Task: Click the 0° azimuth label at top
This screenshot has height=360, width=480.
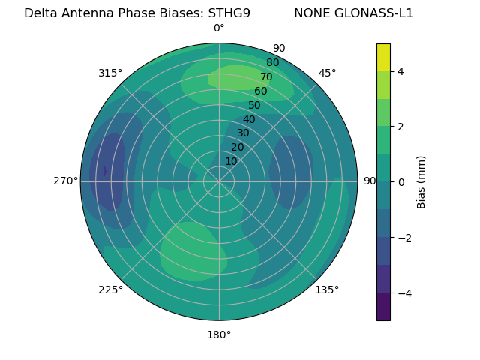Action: tap(219, 28)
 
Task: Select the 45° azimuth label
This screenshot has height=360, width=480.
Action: tap(327, 73)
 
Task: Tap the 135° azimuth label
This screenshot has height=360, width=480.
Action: tap(327, 289)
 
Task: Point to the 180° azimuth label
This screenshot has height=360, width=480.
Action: tap(219, 334)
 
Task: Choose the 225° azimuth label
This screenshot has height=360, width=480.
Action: tap(110, 289)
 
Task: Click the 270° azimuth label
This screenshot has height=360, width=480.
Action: tap(65, 181)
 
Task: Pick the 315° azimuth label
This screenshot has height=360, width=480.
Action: tap(110, 73)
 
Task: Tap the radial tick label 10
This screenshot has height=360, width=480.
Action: tap(231, 162)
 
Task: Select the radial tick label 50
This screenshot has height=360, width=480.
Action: tap(255, 105)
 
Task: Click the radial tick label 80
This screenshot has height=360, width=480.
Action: tap(273, 63)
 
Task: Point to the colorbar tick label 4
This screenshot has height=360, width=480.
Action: tap(401, 71)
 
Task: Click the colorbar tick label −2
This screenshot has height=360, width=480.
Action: tap(403, 238)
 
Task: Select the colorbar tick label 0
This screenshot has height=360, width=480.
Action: tap(401, 182)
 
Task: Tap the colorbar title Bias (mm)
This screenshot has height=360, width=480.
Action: tap(421, 181)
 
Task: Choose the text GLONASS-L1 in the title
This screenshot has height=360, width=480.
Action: tap(375, 13)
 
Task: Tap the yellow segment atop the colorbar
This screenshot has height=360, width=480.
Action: tap(383, 57)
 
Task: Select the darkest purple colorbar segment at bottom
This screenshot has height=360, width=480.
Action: tap(383, 307)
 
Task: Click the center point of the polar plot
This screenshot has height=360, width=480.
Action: tap(219, 181)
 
